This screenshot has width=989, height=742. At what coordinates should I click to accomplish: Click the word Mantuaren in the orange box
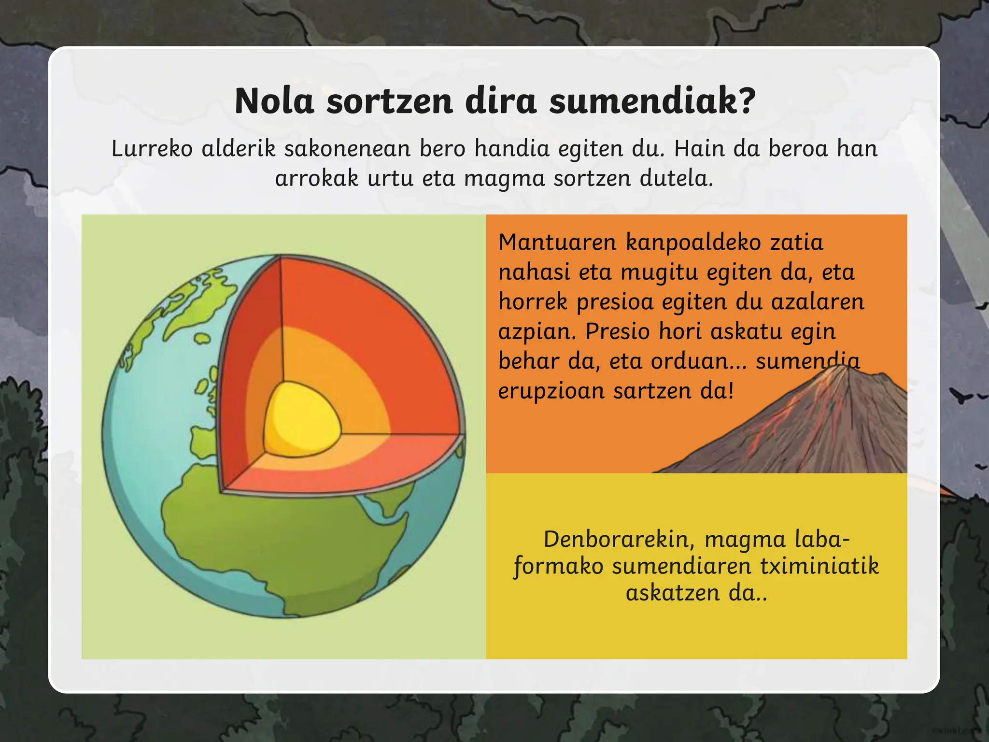(557, 242)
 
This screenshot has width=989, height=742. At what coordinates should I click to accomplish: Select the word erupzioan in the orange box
(551, 391)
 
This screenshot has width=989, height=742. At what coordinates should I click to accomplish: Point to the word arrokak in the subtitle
(317, 178)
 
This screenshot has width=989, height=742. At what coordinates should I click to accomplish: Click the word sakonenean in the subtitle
(347, 148)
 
